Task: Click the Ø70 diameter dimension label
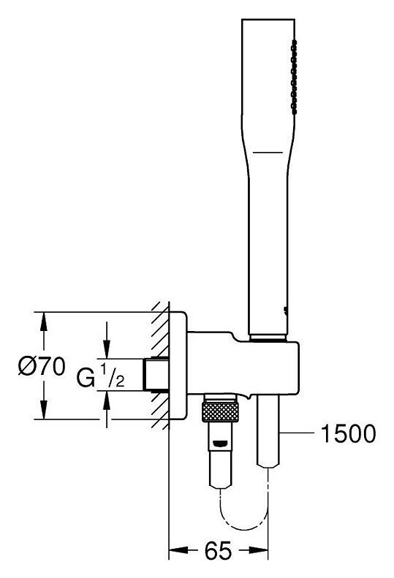42,367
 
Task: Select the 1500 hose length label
348,433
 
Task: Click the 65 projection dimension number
218,550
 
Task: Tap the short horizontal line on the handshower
268,152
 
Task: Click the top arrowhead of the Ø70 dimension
44,322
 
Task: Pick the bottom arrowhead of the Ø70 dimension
44,409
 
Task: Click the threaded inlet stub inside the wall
156,374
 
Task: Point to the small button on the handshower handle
284,311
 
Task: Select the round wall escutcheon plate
178,365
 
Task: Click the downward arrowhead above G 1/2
107,349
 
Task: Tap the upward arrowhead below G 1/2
107,400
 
